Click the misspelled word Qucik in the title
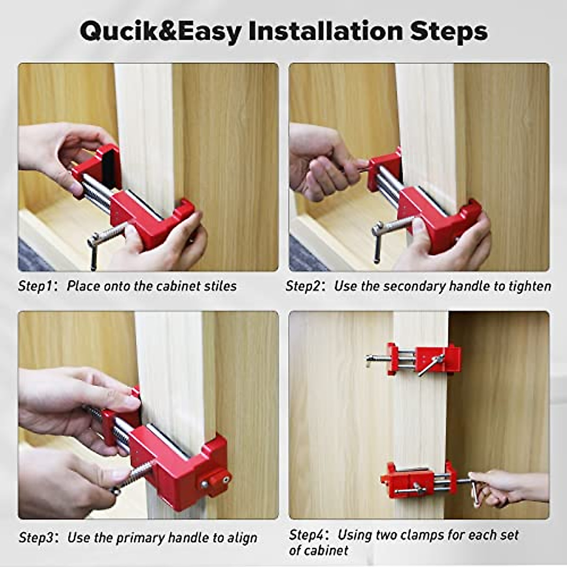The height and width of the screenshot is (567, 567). tap(124, 32)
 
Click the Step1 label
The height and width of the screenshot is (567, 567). tap(34, 286)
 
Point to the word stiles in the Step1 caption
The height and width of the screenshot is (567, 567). tap(221, 286)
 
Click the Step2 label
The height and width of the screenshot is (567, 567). tap(302, 286)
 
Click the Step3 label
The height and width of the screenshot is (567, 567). tap(35, 537)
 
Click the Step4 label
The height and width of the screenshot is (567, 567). tap(306, 535)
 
